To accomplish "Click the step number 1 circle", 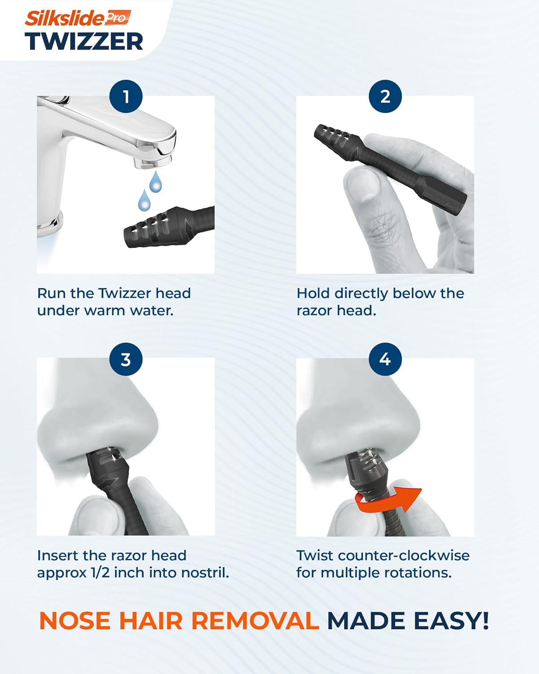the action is coord(126,96).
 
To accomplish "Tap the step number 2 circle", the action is coord(385,96).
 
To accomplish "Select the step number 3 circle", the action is coord(126,359).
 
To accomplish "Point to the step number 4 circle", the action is coord(385,359).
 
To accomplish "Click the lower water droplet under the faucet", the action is coord(144,200).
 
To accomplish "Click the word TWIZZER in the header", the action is coord(84,42).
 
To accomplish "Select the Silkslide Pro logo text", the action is coord(78,18).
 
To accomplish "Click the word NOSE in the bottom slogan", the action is coord(75,620).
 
